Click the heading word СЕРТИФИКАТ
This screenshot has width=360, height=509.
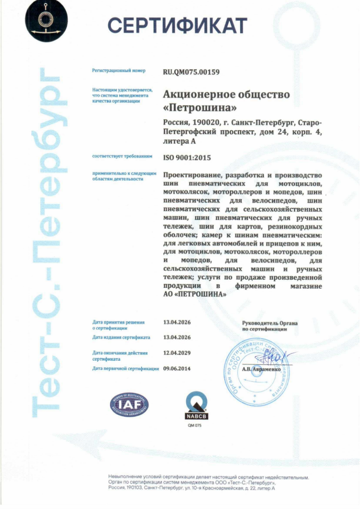[178, 24]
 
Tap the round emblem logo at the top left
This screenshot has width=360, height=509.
[45, 19]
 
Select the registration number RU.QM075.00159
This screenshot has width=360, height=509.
[191, 71]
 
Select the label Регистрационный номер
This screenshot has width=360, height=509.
[119, 71]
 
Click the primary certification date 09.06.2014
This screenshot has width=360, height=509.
[177, 368]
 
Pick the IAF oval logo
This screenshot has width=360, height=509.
[129, 404]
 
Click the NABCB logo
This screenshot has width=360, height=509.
[197, 405]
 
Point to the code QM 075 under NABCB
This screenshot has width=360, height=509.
[194, 426]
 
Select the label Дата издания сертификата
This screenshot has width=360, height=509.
[121, 337]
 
